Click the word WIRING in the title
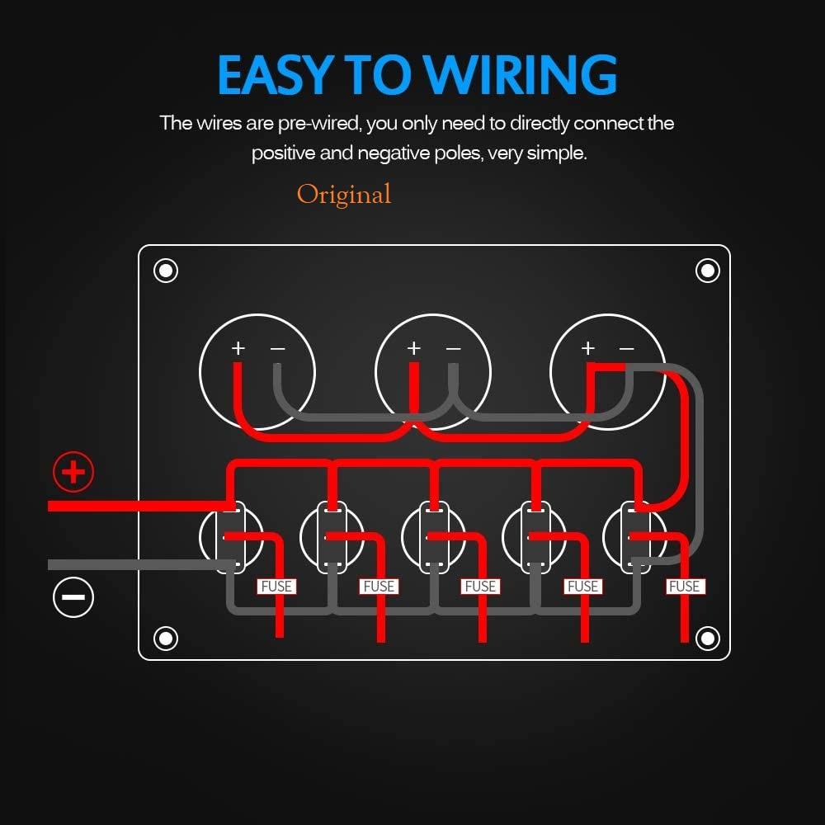[520, 74]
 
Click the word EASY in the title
[276, 74]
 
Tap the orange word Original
[344, 195]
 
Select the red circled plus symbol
[73, 471]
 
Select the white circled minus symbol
[73, 597]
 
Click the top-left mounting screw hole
[166, 271]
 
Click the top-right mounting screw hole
[708, 271]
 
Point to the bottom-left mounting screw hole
[166, 639]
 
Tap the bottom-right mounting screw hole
[708, 639]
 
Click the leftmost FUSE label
[276, 586]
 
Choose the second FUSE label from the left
[379, 586]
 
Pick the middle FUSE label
[480, 586]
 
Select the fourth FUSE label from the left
[582, 586]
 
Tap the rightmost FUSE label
[685, 586]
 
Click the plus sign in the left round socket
[238, 348]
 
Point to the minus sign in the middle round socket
[453, 348]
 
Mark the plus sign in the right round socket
[588, 348]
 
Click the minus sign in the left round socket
[278, 348]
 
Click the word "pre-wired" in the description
[319, 124]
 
